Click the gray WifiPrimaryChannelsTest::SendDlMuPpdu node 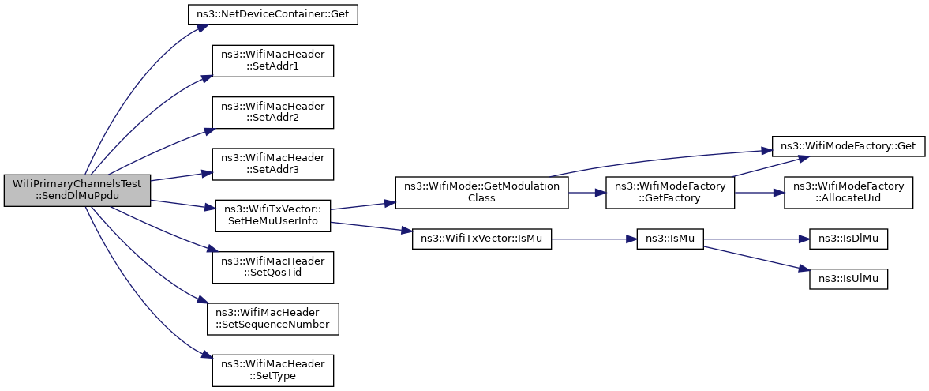pyautogui.click(x=77, y=191)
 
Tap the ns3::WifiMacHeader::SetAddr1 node pyautogui.click(x=272, y=61)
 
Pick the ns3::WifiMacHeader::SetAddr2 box pyautogui.click(x=272, y=112)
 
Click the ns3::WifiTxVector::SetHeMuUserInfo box pyautogui.click(x=272, y=216)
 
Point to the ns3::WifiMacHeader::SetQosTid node pyautogui.click(x=272, y=267)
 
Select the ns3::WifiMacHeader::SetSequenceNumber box pyautogui.click(x=272, y=318)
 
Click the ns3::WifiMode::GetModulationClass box pyautogui.click(x=481, y=192)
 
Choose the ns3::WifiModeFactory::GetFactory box pyautogui.click(x=670, y=192)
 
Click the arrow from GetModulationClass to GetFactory pyautogui.click(x=587, y=192)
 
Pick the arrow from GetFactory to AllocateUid pyautogui.click(x=759, y=192)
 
